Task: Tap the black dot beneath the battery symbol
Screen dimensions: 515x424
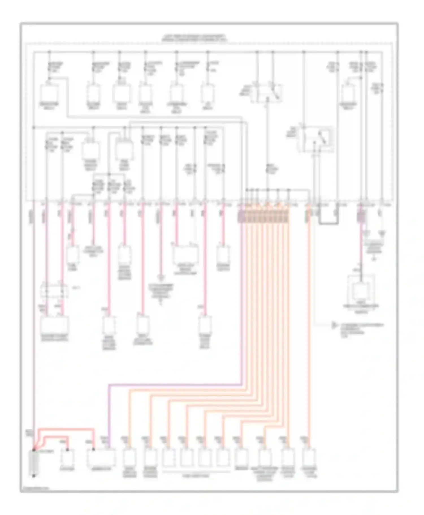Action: pos(34,476)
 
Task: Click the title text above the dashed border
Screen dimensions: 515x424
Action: pos(194,38)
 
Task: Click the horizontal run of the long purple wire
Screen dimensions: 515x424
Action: pos(175,385)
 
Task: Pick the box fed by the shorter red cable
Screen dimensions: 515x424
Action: pos(67,458)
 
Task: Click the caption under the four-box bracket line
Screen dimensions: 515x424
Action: pos(196,476)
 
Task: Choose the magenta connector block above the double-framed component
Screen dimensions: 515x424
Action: pos(361,216)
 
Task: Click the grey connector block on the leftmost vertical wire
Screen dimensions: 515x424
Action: pos(32,216)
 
